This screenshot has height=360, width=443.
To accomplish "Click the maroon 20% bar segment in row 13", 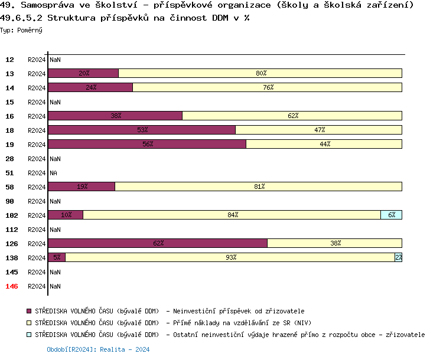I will point(83,73).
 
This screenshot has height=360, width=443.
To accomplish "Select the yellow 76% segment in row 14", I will point(268,87).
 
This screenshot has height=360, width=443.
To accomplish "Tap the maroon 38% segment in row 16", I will point(115,116).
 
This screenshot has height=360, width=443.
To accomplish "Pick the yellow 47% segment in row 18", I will point(319,130).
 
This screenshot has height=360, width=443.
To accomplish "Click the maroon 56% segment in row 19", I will point(147,144).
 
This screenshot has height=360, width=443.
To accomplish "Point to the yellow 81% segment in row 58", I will point(259,186).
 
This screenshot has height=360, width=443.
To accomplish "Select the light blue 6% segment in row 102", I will point(392,215).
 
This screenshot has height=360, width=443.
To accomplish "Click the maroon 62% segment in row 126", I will point(158,243).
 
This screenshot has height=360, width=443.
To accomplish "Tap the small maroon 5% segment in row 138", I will point(57,257).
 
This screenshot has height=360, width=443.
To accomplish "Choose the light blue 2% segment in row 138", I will point(399,257).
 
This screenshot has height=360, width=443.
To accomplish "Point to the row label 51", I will point(10,173).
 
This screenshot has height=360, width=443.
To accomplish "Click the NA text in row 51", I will point(54,173).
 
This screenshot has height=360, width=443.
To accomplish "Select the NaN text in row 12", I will point(55,60).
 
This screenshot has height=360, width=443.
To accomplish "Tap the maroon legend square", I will point(29,311).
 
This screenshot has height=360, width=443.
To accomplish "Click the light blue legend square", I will point(29,335).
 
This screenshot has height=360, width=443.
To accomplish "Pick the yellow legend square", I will point(29,323).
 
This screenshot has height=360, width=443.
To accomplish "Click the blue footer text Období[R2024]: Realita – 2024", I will point(98,349).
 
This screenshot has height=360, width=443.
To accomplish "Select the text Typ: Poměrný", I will point(21,30).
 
